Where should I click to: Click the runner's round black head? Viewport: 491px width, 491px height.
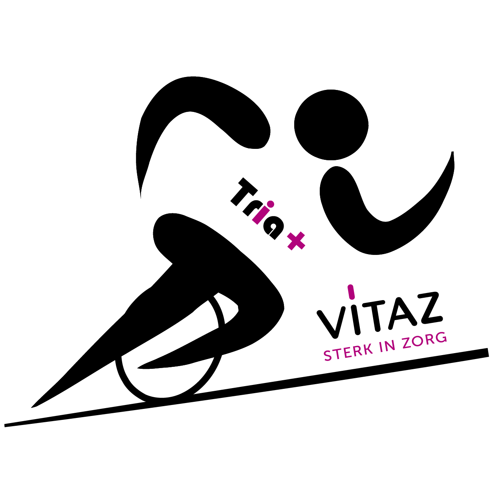point(331,125)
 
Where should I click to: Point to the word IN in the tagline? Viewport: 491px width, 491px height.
point(385,346)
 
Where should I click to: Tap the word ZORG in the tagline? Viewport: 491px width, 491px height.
point(425,340)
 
